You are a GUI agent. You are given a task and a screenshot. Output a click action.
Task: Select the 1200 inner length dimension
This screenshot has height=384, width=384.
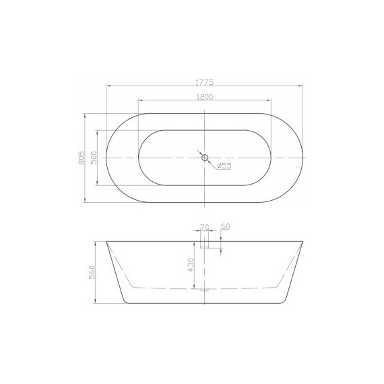205,97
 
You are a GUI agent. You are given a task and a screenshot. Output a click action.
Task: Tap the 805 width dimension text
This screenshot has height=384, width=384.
82,157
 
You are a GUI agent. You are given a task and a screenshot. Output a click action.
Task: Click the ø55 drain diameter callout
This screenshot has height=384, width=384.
224,166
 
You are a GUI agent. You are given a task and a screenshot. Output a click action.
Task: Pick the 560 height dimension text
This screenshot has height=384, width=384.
93,271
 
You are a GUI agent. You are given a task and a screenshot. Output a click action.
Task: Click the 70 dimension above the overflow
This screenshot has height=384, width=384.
205,226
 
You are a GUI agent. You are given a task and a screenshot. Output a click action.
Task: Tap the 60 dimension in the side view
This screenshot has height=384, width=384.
226,226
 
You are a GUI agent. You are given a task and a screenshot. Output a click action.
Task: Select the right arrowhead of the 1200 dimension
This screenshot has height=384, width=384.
270,102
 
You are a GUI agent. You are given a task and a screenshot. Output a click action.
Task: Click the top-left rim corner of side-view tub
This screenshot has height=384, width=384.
106,241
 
